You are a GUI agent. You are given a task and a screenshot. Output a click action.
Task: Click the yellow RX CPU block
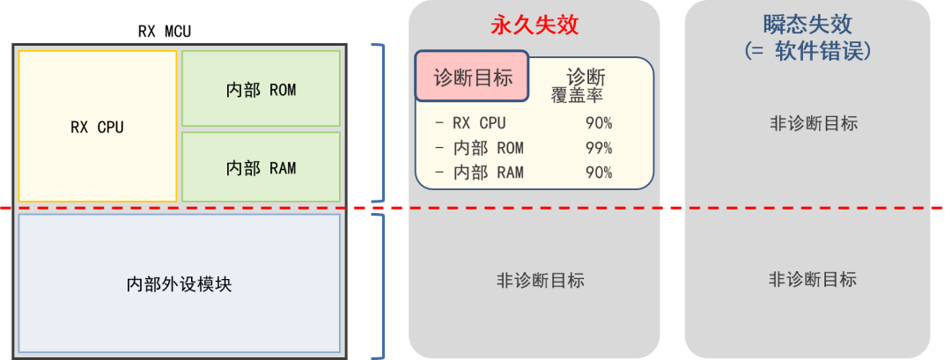point(97,127)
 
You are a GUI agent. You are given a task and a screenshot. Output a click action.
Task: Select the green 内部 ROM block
point(261,89)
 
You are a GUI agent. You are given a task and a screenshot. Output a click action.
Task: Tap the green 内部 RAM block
point(261,167)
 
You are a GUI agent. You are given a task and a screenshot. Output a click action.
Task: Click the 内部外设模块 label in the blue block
point(179,284)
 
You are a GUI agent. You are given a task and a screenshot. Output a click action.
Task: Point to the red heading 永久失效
point(534,24)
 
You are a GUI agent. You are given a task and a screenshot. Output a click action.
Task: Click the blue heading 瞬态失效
point(807,24)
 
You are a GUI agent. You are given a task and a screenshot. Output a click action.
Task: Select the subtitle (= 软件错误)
point(807,52)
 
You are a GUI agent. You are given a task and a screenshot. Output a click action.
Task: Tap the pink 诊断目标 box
point(472,77)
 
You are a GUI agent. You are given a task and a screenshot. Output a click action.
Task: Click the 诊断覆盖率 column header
point(586,84)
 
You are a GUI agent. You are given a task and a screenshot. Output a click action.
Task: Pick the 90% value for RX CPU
point(598,123)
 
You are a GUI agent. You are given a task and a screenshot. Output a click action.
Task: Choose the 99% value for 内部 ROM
point(598,148)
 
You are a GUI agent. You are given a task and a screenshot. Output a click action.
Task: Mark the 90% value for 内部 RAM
point(598,173)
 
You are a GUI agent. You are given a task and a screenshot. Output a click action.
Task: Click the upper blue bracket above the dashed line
point(381,122)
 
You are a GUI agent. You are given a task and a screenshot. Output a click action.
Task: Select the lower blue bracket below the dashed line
point(381,286)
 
